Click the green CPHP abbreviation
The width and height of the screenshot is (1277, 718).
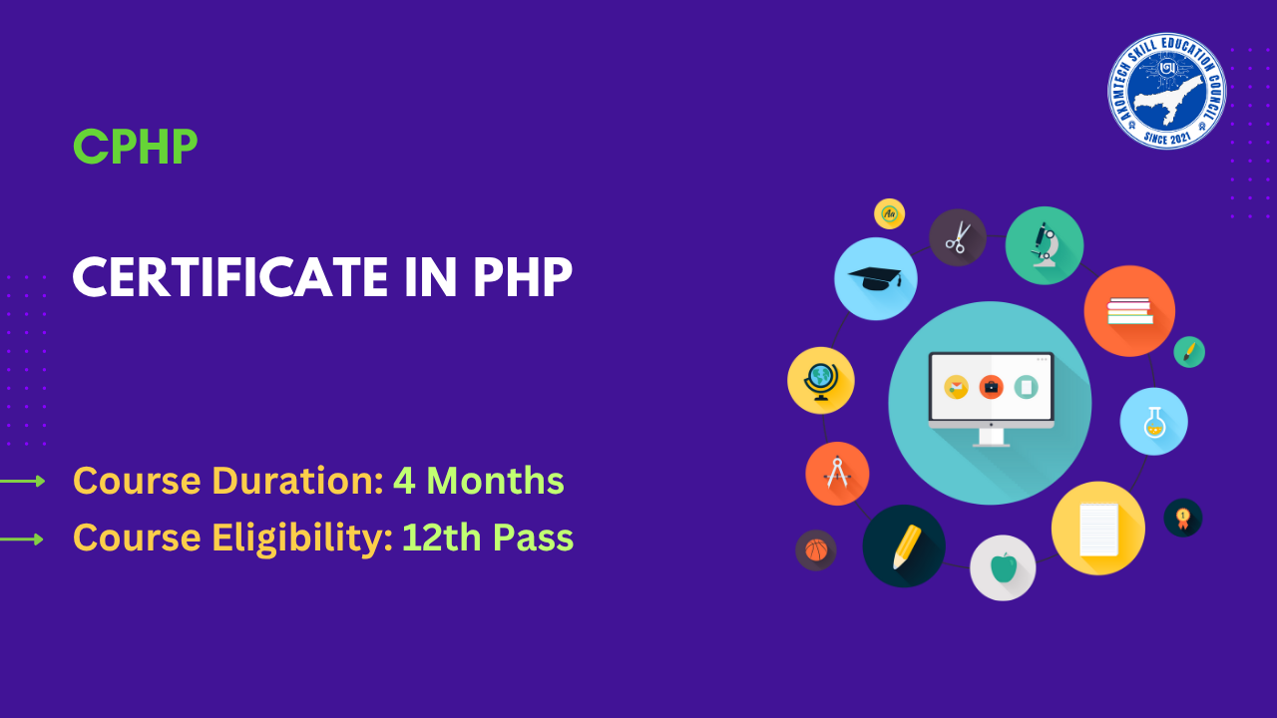point(135,148)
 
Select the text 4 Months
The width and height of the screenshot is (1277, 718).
point(478,481)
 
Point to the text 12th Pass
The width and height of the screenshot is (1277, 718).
point(487,538)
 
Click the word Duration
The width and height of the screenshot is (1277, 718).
point(297,481)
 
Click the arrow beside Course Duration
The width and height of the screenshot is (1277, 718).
point(23,482)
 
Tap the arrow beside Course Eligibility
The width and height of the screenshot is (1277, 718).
point(23,539)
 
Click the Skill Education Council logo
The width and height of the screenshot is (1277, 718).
point(1166,91)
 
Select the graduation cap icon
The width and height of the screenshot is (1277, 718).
point(875,278)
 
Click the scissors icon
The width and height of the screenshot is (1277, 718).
point(958,237)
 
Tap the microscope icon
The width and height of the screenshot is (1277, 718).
point(1045,245)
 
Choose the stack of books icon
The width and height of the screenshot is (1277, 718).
point(1129,311)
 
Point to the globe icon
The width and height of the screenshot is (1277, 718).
point(820,380)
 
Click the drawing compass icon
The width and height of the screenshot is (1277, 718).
point(837,473)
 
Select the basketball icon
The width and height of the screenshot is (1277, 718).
point(816,549)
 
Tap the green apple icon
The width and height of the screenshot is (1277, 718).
point(1003,567)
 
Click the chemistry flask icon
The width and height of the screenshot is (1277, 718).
point(1153,421)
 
